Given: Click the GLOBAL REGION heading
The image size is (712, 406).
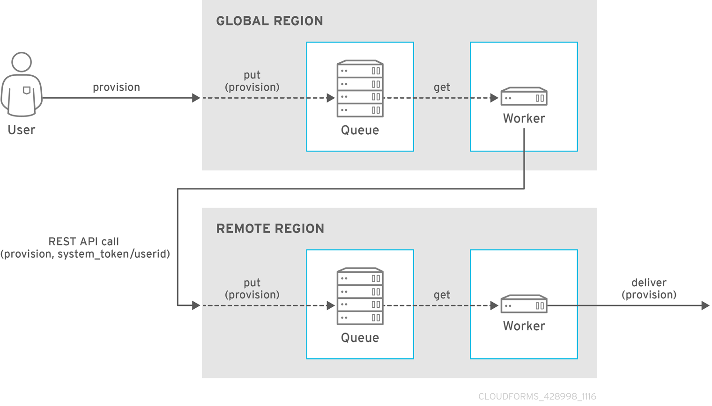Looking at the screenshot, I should tap(269, 21).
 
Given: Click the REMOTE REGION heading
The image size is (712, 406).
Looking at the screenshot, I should tap(270, 229).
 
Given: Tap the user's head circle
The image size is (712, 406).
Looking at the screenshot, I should tap(22, 62).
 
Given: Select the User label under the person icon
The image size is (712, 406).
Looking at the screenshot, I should tap(22, 130).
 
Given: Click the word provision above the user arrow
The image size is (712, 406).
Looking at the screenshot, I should tap(116, 87).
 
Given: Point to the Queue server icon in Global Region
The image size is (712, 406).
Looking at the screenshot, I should tap(360, 88).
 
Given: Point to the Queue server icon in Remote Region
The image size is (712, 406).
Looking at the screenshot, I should tap(360, 296).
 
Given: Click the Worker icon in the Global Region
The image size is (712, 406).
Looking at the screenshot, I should tap(524, 96).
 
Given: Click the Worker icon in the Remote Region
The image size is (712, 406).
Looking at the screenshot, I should tap(524, 304).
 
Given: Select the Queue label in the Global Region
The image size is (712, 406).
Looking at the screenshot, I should tap(360, 130).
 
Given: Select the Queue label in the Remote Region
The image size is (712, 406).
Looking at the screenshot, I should tap(360, 338).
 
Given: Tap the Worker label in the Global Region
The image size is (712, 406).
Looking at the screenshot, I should tap(524, 118).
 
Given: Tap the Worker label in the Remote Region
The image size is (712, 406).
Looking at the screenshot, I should tap(524, 326).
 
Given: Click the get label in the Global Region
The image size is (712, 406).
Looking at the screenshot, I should tap(442, 87).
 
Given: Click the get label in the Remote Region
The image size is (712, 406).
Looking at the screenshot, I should tap(442, 295).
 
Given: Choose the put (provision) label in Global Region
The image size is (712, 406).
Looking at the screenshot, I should tap(252, 81).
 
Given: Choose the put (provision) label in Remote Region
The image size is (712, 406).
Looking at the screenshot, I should tap(252, 289).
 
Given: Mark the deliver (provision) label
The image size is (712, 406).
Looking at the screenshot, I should tap(649, 289).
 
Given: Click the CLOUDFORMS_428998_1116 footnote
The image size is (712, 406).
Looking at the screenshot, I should tap(537, 397).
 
